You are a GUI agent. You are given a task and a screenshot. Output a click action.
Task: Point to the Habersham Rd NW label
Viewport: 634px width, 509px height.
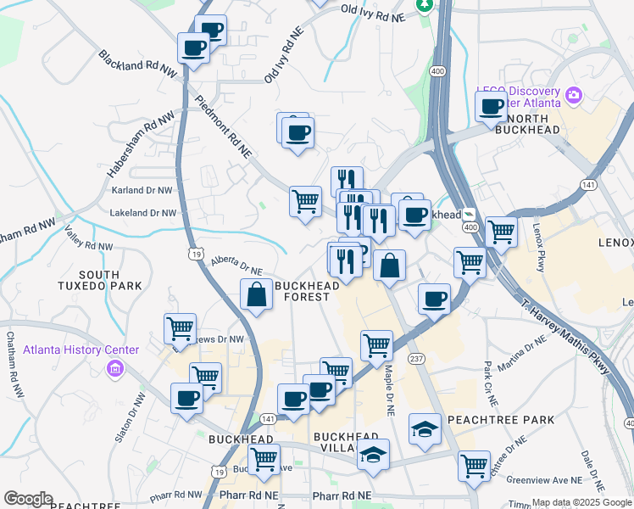coord(140,143)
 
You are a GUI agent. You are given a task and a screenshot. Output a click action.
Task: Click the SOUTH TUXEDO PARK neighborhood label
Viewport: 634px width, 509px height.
coord(111,280)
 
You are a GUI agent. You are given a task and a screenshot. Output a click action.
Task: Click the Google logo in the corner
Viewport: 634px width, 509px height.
coord(28,499)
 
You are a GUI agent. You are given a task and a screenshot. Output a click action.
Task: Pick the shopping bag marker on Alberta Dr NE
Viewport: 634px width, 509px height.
coord(256,295)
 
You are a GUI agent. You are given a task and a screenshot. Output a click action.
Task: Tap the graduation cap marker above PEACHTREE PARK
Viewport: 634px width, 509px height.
coord(425,428)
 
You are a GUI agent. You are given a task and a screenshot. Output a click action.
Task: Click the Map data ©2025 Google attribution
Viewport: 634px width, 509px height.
coord(581,502)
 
